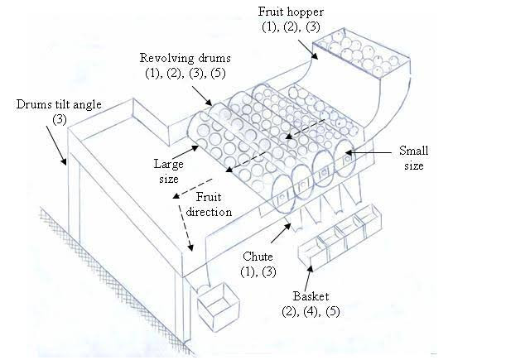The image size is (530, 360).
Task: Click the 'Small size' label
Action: pos(413,157)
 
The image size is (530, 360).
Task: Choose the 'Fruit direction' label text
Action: pos(215,204)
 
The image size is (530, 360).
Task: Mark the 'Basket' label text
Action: pos(311,296)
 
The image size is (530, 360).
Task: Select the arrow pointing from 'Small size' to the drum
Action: pos(370,151)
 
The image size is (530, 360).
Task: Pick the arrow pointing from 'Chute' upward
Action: pos(281,233)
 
